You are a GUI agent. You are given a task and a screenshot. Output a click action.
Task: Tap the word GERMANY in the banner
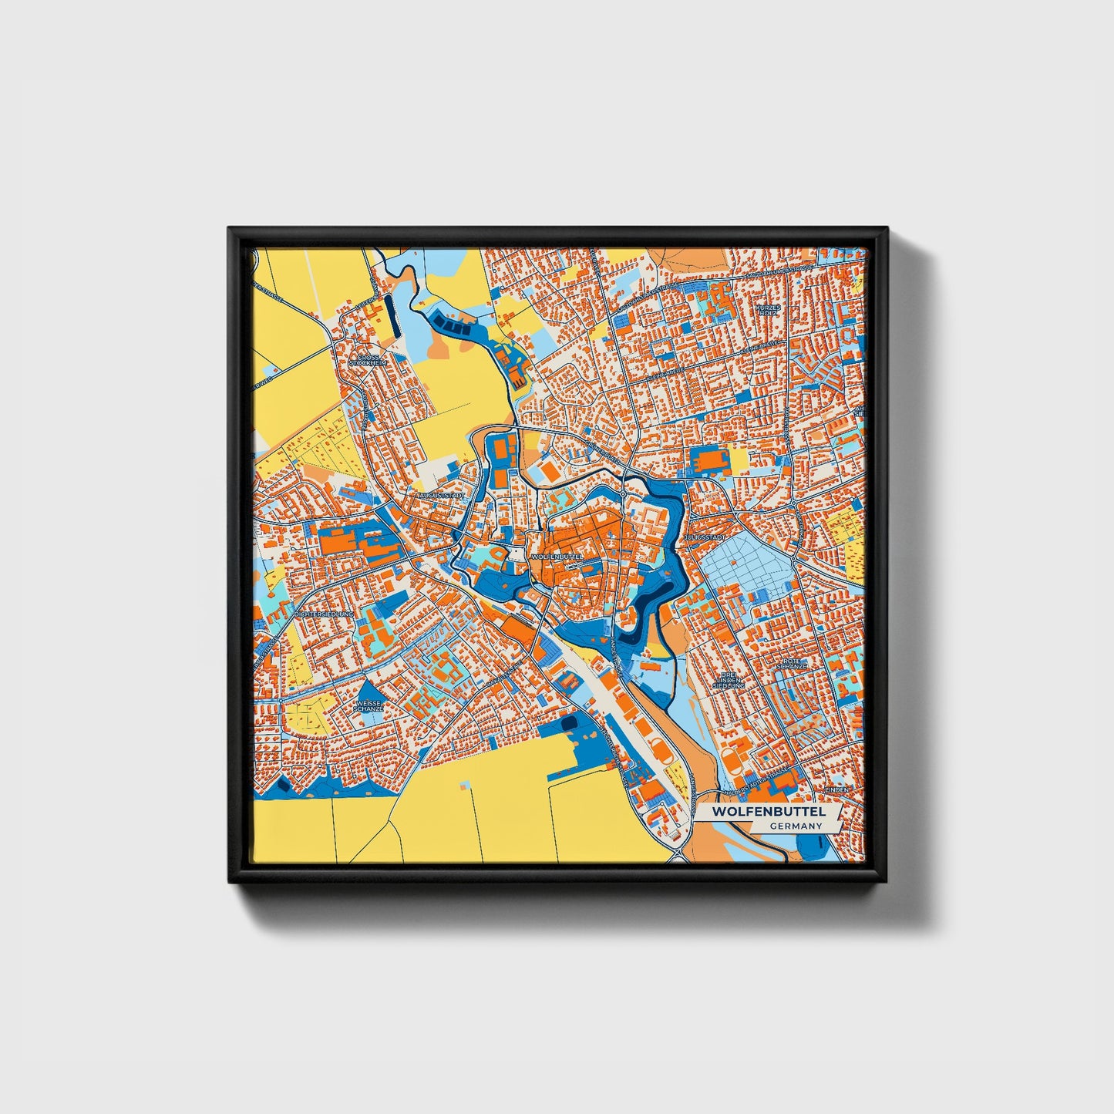pyautogui.click(x=796, y=826)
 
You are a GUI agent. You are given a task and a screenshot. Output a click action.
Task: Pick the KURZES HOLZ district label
pyautogui.click(x=768, y=309)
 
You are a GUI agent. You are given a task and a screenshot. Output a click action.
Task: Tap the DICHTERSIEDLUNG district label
pyautogui.click(x=324, y=614)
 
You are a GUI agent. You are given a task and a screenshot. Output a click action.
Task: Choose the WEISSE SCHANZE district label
pyautogui.click(x=369, y=705)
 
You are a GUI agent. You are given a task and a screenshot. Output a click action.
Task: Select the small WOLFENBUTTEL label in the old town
pyautogui.click(x=554, y=556)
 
